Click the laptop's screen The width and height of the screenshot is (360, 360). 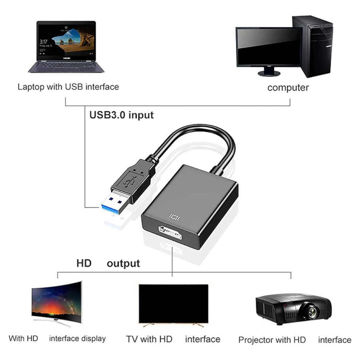click(x=66, y=41)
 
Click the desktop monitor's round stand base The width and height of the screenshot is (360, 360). click(x=269, y=73)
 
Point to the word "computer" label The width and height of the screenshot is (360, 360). click(x=288, y=88)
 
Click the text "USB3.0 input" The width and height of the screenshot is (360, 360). click(x=121, y=115)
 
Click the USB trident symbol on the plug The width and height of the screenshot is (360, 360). click(x=130, y=181)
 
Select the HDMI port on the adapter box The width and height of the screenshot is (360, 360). click(x=170, y=233)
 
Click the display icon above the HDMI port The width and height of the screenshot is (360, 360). click(x=175, y=216)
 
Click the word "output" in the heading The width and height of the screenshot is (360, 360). click(x=123, y=263)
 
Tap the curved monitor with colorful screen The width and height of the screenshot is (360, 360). click(x=57, y=303)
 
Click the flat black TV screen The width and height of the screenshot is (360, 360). click(x=173, y=304)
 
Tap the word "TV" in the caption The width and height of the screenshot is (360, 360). click(x=132, y=339)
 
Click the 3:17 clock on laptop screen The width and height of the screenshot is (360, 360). click(x=43, y=41)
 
